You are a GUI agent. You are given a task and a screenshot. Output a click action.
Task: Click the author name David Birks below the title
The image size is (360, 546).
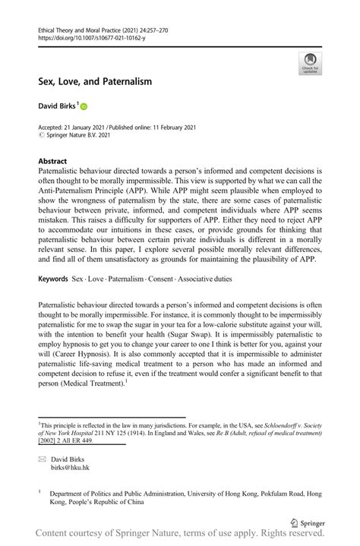pyautogui.click(x=55, y=107)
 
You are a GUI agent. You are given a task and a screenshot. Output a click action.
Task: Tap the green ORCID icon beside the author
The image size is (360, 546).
pyautogui.click(x=84, y=108)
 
